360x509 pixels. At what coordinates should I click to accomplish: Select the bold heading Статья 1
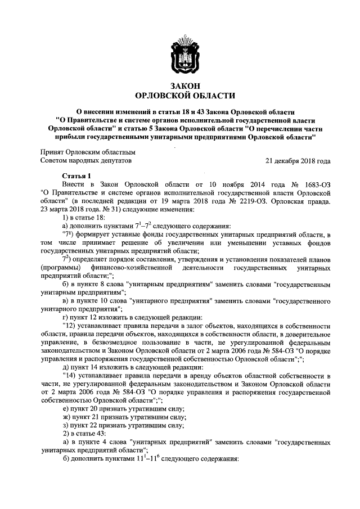(76, 175)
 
